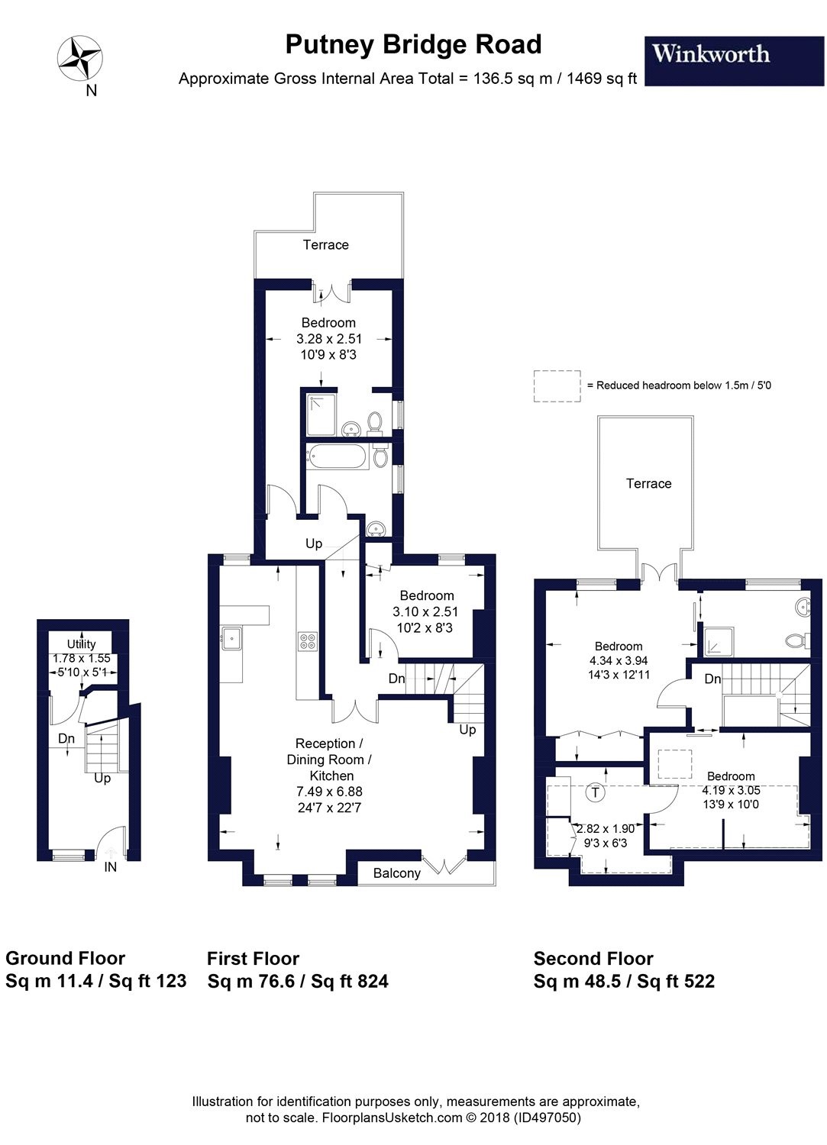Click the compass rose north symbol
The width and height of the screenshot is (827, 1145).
[x=80, y=58]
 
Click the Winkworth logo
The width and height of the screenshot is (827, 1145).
[x=711, y=54]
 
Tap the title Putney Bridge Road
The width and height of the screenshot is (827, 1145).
[x=413, y=45]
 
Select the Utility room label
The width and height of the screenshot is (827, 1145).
[x=81, y=643]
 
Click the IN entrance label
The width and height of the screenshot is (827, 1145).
[x=111, y=867]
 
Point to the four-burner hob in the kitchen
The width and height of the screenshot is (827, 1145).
[x=308, y=641]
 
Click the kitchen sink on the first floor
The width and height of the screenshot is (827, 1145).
[x=231, y=637]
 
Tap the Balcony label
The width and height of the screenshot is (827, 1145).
[x=396, y=873]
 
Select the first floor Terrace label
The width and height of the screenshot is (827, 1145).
[x=325, y=245]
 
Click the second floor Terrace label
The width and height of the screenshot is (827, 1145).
[x=648, y=484]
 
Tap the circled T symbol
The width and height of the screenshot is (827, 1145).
[x=596, y=792]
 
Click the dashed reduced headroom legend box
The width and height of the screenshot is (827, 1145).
[x=557, y=385]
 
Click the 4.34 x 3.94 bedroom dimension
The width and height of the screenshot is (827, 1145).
[x=619, y=661]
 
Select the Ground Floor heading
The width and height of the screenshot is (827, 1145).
[x=65, y=959]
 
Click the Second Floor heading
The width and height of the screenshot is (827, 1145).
[x=593, y=959]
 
